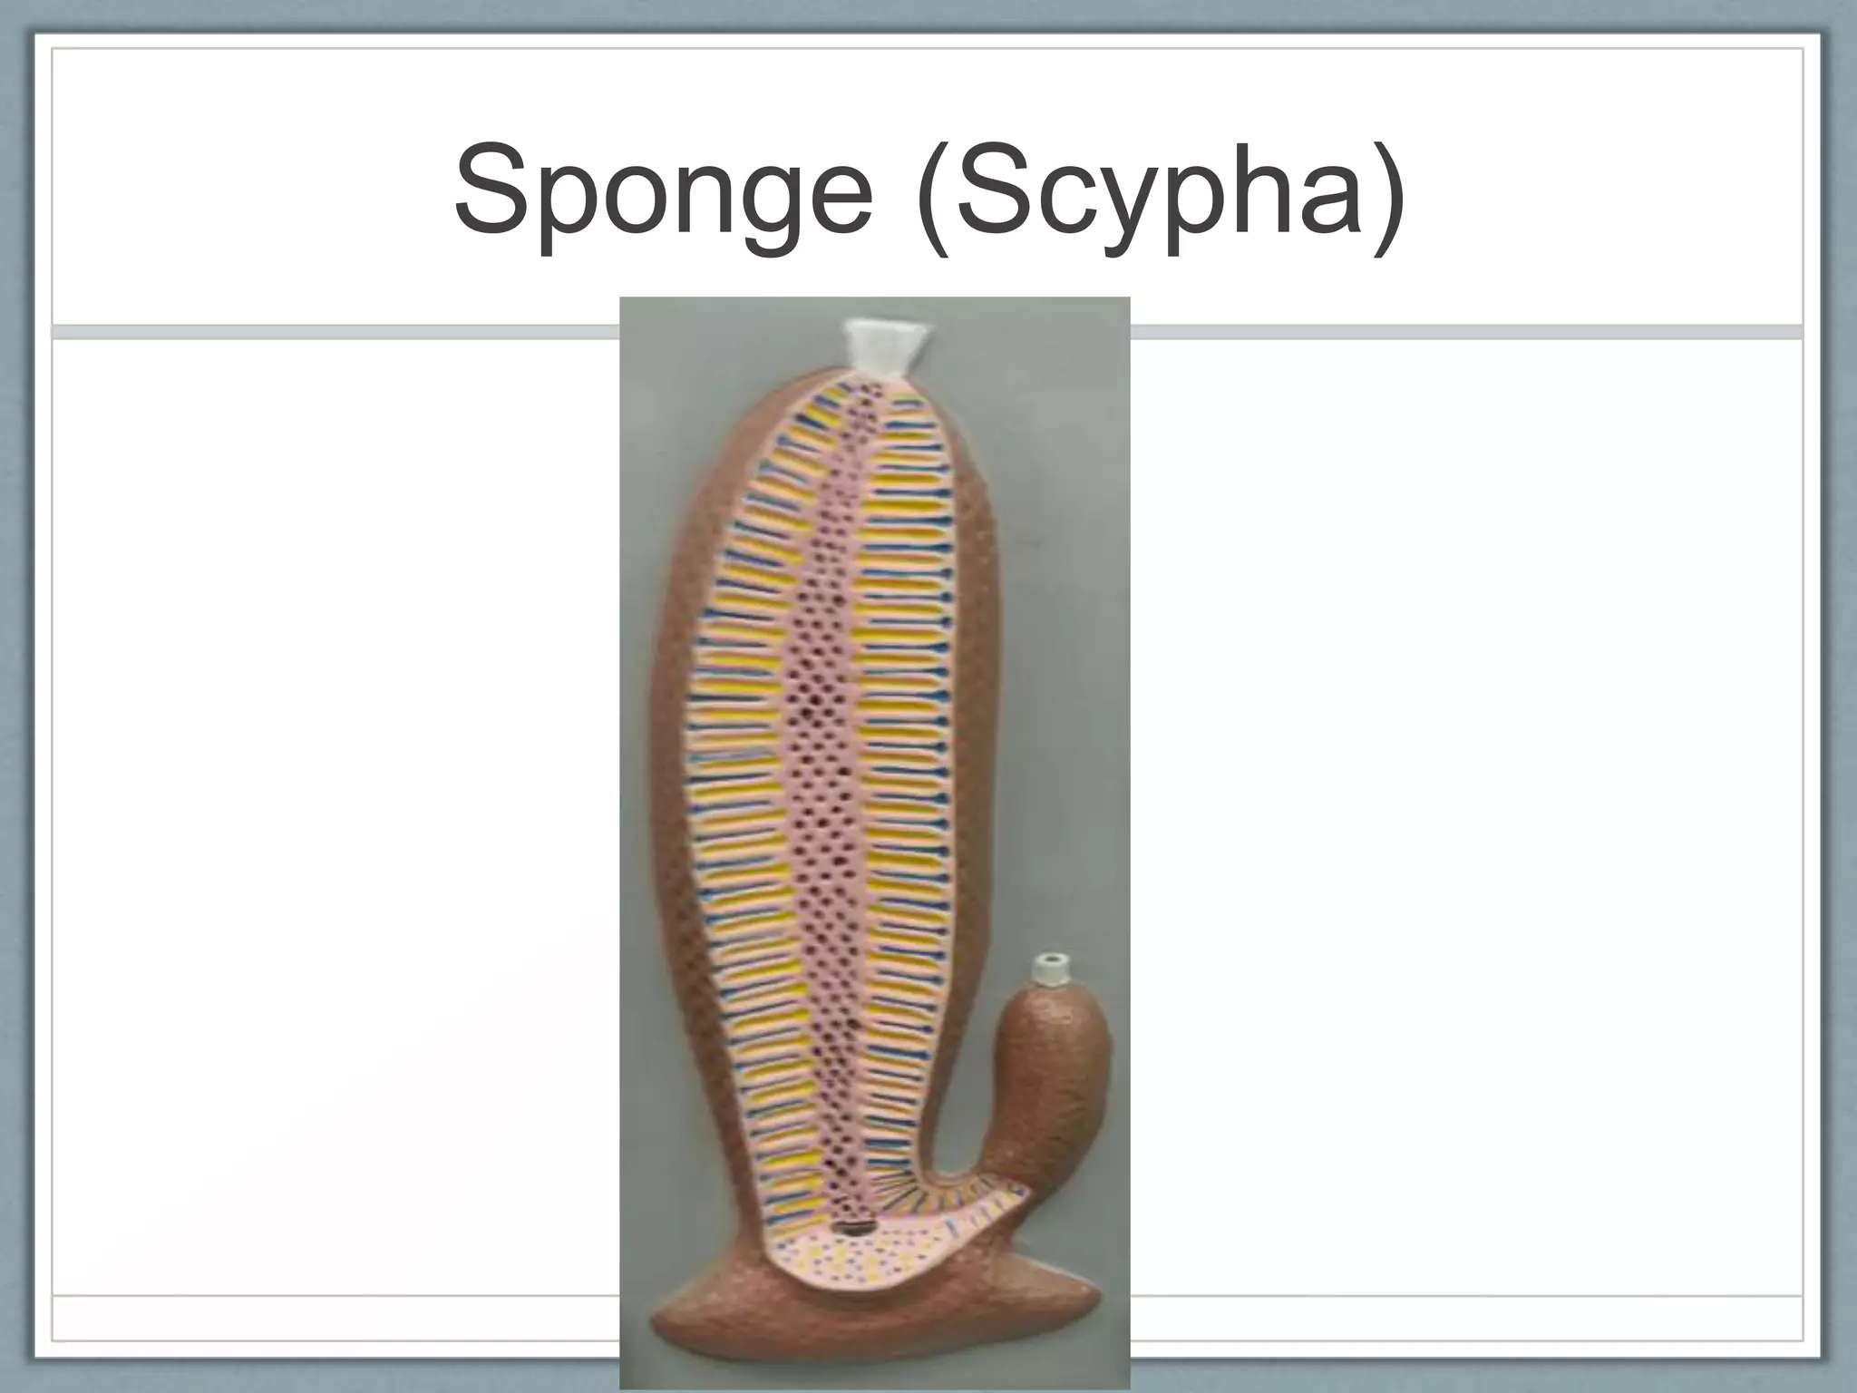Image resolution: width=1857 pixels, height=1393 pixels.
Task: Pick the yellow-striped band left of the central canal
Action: (744, 771)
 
